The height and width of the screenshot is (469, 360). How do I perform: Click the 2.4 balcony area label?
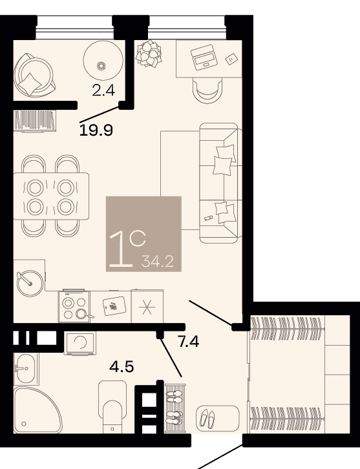point(103,90)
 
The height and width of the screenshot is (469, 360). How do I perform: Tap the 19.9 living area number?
point(96,130)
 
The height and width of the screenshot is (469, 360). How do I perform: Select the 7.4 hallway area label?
point(189,341)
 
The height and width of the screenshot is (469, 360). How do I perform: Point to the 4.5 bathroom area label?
point(122,366)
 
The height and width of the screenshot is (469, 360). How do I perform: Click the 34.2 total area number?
point(158,262)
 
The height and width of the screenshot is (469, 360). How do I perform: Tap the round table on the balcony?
point(103,61)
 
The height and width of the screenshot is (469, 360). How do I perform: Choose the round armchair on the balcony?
point(34,75)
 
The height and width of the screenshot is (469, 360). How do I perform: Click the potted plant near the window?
point(149,54)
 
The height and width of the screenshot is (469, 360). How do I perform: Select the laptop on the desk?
point(204,57)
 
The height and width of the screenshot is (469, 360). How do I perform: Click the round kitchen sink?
point(29,283)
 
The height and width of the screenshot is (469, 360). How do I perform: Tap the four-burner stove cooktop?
point(74,306)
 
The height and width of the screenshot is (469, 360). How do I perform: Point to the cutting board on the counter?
point(114,306)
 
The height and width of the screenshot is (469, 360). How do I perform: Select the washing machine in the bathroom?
point(79,343)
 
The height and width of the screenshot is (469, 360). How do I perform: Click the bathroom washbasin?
point(25,369)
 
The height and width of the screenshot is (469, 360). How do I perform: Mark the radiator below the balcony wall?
point(35,121)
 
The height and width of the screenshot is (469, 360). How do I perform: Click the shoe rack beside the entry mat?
point(175,408)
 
